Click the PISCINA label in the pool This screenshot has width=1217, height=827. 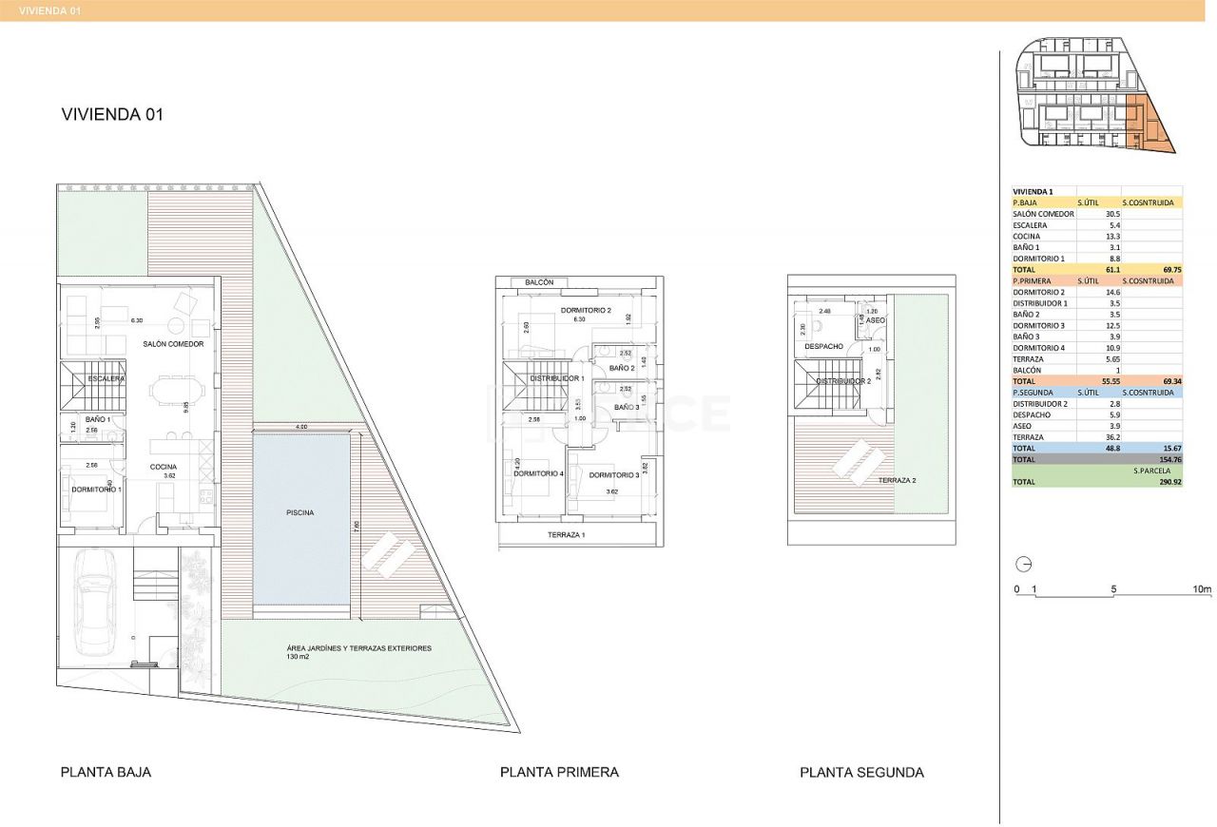pos(299,512)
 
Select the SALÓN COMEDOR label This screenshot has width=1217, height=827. pos(173,344)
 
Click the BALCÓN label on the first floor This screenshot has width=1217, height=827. pos(531,282)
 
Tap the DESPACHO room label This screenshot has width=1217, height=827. pos(823,346)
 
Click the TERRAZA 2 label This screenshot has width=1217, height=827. pos(897,481)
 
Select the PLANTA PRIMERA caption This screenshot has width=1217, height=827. pos(559,773)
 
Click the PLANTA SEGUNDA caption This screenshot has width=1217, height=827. pos(861,773)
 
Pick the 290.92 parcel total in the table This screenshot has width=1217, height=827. pos(1166,482)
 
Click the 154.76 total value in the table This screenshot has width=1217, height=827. pos(1166,459)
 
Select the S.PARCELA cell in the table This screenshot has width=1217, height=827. pos(1150,471)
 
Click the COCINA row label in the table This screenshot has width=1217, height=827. pos(1026,237)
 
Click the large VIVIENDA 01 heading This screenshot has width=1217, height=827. pos(112,114)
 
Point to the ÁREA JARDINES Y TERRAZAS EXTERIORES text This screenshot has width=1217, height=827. pos(358,648)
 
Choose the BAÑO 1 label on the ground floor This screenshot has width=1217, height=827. pos(98,419)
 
